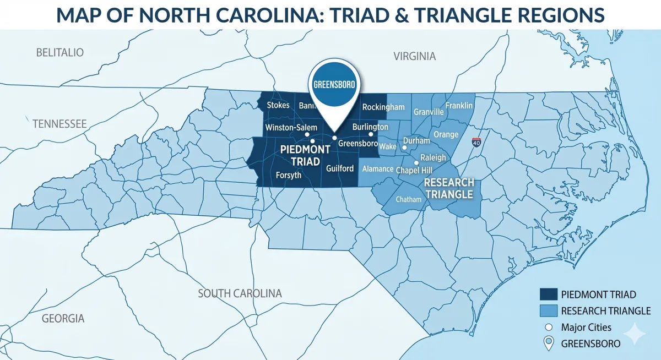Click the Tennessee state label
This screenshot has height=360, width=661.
pyautogui.click(x=59, y=124)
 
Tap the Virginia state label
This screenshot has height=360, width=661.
pyautogui.click(x=414, y=56)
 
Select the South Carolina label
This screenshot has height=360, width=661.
pyautogui.click(x=240, y=293)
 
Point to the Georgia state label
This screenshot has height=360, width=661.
pyautogui.click(x=63, y=318)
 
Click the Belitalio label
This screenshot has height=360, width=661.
pyautogui.click(x=59, y=53)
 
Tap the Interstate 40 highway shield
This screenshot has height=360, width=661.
pyautogui.click(x=477, y=142)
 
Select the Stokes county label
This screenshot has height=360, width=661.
pyautogui.click(x=278, y=105)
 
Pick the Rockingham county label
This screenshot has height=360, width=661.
pyautogui.click(x=380, y=107)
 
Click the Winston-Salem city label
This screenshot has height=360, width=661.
pyautogui.click(x=291, y=128)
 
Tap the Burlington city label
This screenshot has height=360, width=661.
pyautogui.click(x=370, y=127)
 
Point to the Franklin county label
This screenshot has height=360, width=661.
pyautogui.click(x=459, y=105)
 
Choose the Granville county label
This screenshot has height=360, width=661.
pyautogui.click(x=429, y=112)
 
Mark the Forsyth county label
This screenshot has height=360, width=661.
pyautogui.click(x=288, y=175)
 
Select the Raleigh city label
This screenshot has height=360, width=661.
pyautogui.click(x=433, y=157)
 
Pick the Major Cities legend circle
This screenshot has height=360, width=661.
pyautogui.click(x=549, y=328)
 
